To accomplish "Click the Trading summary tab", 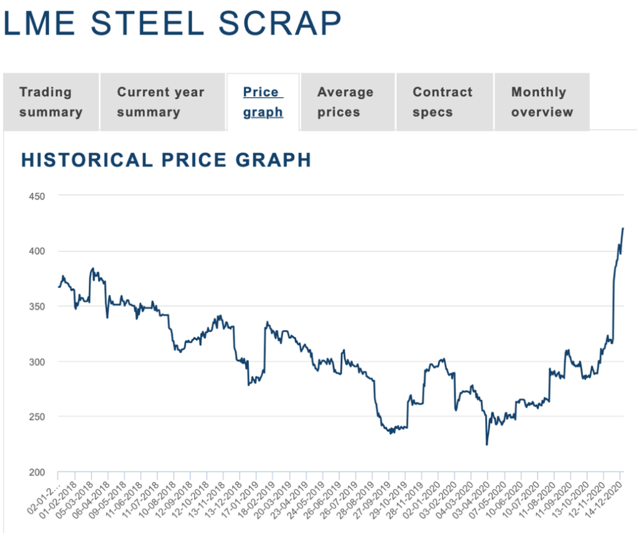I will [x=50, y=102].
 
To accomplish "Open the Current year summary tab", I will [x=160, y=102].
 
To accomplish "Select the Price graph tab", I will [x=263, y=102].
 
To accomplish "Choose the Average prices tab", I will [x=345, y=102].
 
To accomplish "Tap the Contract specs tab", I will [x=442, y=102].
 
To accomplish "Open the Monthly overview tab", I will [x=541, y=102].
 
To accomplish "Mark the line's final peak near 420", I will [x=623, y=229].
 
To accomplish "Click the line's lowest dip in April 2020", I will [x=486, y=445].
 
